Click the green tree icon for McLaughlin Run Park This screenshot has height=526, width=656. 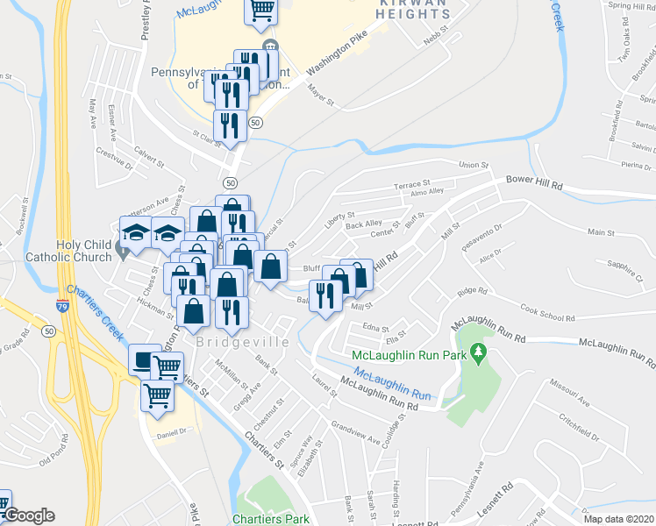pyautogui.click(x=478, y=354)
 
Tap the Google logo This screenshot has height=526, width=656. pyautogui.click(x=28, y=515)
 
